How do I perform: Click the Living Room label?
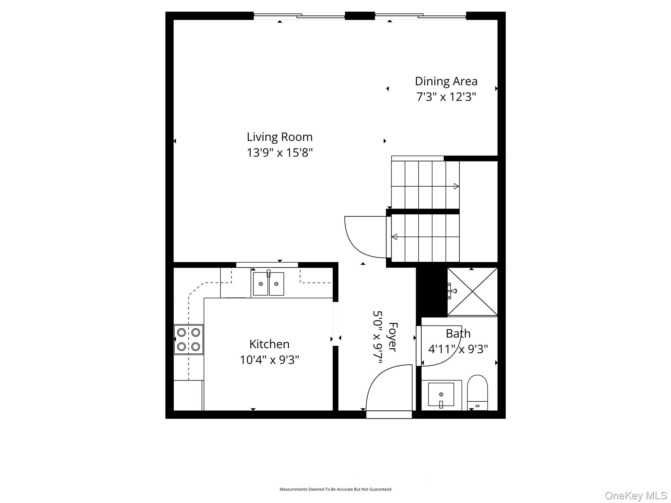pyautogui.click(x=279, y=137)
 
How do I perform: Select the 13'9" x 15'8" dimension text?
pyautogui.click(x=279, y=153)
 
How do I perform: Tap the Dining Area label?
pyautogui.click(x=446, y=81)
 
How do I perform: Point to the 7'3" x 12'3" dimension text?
pyautogui.click(x=446, y=97)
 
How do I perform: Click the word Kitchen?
pyautogui.click(x=269, y=344)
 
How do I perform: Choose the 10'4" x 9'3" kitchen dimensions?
pyautogui.click(x=269, y=360)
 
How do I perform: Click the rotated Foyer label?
pyautogui.click(x=393, y=337)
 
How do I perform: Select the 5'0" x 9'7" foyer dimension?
pyautogui.click(x=378, y=337)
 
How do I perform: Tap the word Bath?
pyautogui.click(x=458, y=334)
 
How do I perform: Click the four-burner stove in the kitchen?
pyautogui.click(x=188, y=339)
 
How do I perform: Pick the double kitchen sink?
pyautogui.click(x=268, y=284)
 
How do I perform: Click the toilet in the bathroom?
pyautogui.click(x=477, y=393)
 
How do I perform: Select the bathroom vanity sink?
pyautogui.click(x=441, y=395)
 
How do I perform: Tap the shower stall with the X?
pyautogui.click(x=472, y=291)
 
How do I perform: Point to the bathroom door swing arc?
pyautogui.click(x=441, y=347)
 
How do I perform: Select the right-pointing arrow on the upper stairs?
pyautogui.click(x=456, y=186)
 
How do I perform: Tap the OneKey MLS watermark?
pyautogui.click(x=636, y=495)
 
